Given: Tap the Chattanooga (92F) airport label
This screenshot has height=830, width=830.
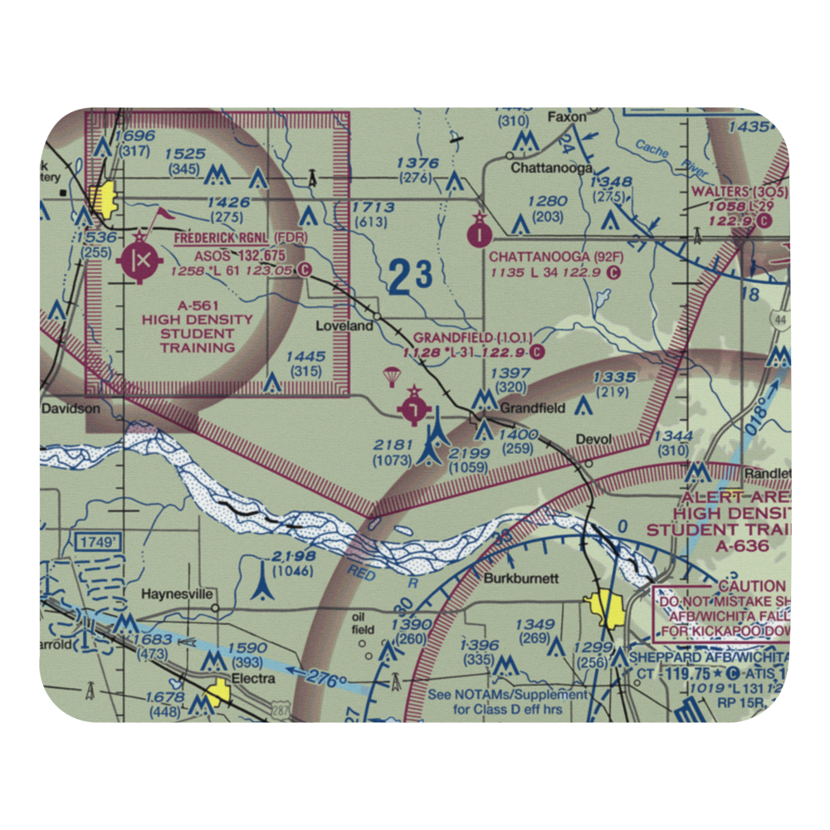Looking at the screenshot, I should click(555, 257).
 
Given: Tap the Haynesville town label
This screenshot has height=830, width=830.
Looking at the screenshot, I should click(178, 594).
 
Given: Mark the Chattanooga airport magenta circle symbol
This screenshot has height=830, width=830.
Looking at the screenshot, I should click(480, 235).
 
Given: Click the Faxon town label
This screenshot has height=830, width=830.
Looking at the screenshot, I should click(567, 117).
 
